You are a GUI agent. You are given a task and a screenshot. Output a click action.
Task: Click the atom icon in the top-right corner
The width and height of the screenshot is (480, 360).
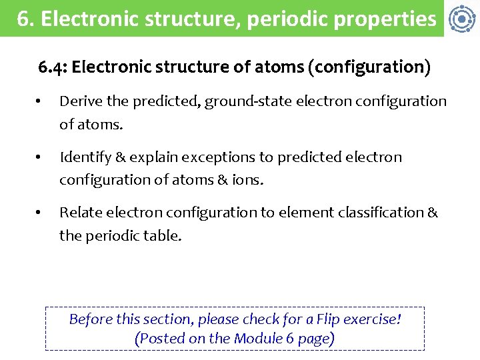point(461,19)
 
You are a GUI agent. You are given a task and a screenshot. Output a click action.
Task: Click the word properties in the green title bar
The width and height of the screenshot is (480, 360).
point(394,19)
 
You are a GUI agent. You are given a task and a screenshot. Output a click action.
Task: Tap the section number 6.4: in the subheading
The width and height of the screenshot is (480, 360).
point(53,67)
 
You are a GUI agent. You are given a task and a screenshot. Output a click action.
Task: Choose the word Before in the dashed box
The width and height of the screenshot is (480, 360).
point(91,319)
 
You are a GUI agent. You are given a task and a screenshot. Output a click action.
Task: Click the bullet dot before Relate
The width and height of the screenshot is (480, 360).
point(39,213)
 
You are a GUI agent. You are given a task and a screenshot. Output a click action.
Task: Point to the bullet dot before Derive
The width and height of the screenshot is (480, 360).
point(39,102)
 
